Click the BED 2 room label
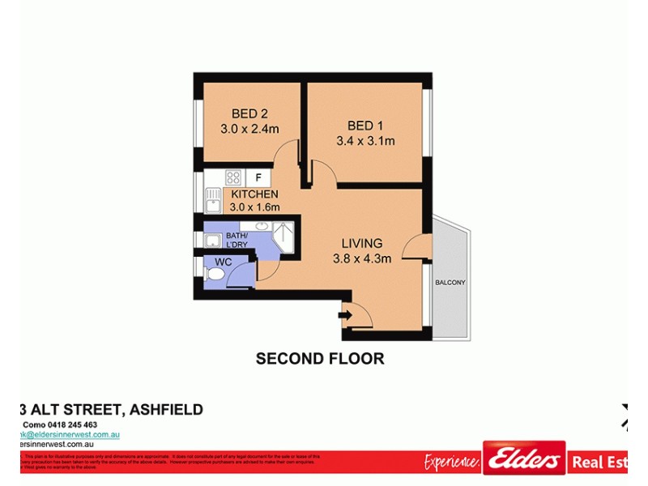pos(249,113)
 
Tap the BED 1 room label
pos(365,126)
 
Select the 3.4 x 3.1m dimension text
pos(365,141)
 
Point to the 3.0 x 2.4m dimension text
pos(249,129)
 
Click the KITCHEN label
pos(254,194)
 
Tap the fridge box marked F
pos(258,177)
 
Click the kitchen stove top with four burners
pos(233,177)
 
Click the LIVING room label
pos(361,243)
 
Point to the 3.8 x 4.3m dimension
pos(362,259)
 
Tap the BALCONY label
pos(450,282)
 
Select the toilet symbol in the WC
pos(214,275)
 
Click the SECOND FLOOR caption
pos(320,358)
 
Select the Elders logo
pos(524,459)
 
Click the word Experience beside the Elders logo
pos(452,462)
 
